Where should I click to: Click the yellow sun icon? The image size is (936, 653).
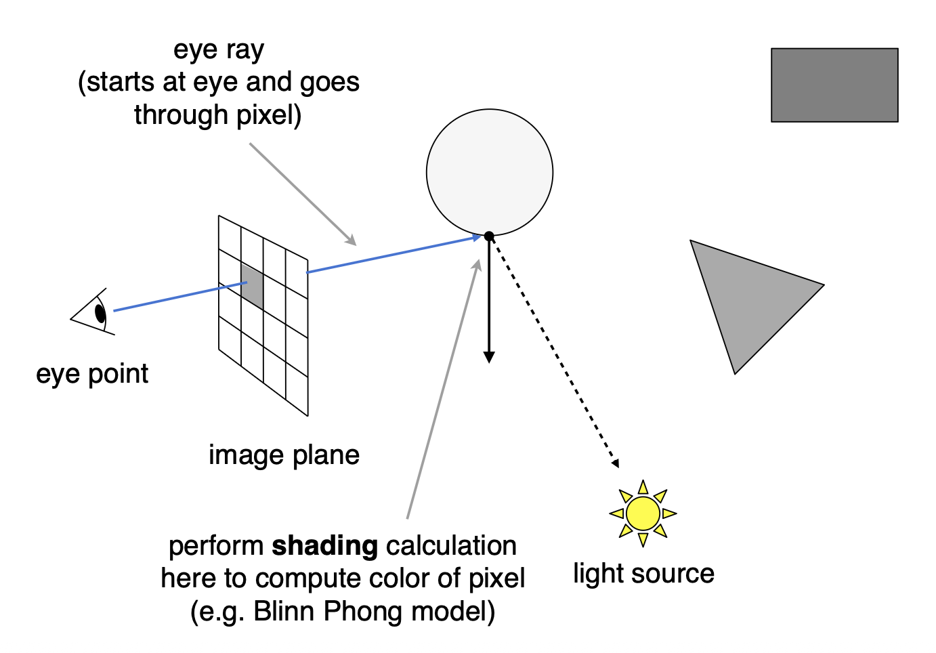pos(643,513)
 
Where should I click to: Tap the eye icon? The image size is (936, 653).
pos(95,312)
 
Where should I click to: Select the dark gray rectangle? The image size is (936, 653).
pos(834,85)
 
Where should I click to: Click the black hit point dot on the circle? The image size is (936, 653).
pos(489,236)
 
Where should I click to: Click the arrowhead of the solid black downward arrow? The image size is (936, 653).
pos(489,357)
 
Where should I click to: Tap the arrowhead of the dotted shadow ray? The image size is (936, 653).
pos(615,463)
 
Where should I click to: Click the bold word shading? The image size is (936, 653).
pos(324,546)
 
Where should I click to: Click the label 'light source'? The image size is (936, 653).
pos(643,574)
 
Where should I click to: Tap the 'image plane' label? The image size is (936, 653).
pos(284,455)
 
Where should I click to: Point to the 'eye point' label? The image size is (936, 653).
pos(92,374)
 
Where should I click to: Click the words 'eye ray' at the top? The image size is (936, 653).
pos(219,50)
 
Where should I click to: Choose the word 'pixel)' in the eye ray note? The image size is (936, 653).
pos(268,115)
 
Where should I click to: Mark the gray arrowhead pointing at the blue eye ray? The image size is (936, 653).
pos(351,240)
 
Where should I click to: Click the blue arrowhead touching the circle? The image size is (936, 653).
pos(476,237)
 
